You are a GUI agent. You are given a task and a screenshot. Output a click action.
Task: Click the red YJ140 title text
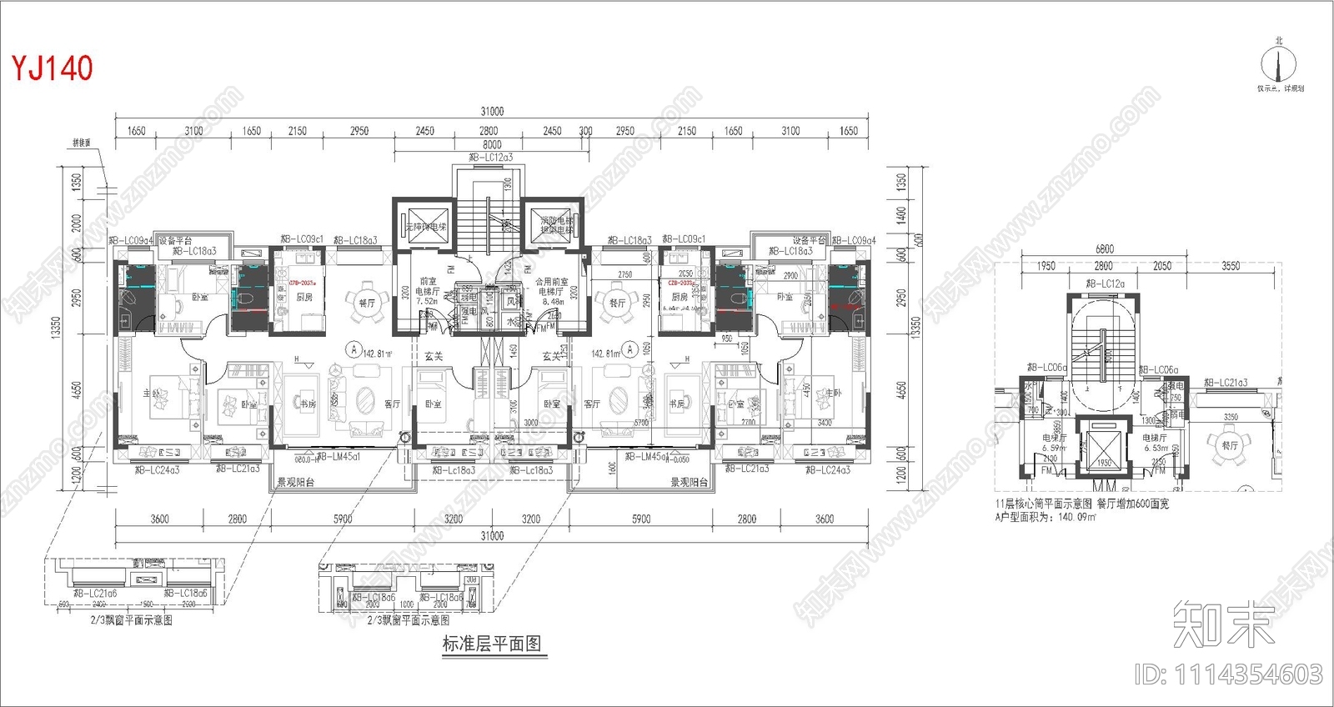[52, 68]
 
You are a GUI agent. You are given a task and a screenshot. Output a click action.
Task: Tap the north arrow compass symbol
[1279, 63]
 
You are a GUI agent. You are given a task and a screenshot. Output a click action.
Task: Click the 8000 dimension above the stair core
[492, 145]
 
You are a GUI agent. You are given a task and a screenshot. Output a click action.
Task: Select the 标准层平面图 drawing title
[492, 644]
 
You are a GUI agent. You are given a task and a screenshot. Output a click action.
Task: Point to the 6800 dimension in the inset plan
[1104, 249]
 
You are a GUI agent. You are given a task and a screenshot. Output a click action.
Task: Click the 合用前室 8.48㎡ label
[551, 291]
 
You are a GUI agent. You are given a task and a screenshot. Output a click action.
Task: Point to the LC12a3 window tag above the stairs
[491, 157]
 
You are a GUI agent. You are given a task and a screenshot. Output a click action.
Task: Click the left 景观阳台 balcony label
[295, 482]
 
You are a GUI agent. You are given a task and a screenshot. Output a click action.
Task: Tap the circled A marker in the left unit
[354, 350]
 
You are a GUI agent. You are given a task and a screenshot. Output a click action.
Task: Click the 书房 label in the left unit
[308, 404]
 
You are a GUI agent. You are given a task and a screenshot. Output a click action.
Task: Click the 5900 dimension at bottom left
[343, 519]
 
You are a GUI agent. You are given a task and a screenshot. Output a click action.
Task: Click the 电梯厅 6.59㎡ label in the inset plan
[1054, 443]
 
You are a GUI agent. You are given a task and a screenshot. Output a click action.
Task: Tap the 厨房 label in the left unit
[304, 297]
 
